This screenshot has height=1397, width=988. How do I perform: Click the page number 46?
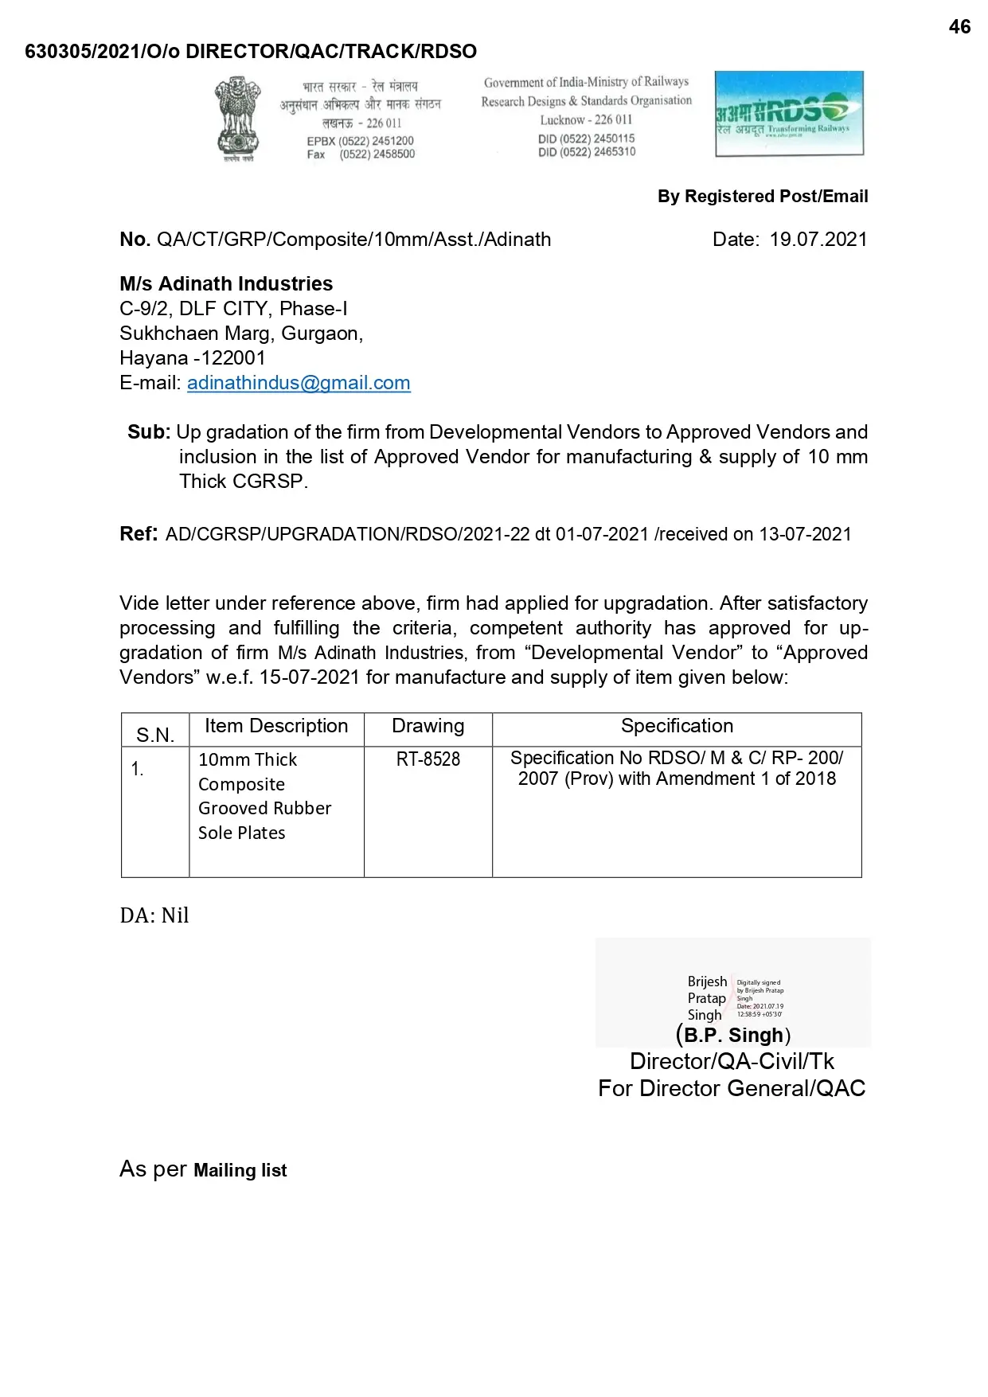[959, 27]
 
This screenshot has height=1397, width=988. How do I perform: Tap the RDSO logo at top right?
[789, 114]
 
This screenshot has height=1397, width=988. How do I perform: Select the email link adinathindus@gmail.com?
[299, 383]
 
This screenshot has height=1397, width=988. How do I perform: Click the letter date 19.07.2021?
[818, 240]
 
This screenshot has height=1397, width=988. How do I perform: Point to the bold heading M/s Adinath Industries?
[226, 284]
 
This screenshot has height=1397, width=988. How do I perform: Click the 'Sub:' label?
[149, 432]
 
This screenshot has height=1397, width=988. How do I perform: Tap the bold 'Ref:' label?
[139, 534]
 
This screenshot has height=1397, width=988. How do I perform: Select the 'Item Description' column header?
[276, 726]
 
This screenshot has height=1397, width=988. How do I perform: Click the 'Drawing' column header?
[428, 726]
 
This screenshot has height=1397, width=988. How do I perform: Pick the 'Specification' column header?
[677, 726]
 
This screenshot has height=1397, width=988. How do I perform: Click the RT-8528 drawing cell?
[428, 759]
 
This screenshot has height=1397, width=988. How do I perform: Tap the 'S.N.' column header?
[155, 735]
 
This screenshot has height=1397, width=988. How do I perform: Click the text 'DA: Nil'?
[154, 915]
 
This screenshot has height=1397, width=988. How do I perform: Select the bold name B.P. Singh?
[733, 1035]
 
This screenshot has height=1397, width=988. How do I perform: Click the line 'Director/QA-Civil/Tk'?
[732, 1061]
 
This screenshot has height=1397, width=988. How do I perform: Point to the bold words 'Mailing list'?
[240, 1170]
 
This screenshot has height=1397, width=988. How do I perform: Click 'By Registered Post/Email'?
[762, 197]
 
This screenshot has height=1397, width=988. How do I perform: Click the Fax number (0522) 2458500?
[377, 154]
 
